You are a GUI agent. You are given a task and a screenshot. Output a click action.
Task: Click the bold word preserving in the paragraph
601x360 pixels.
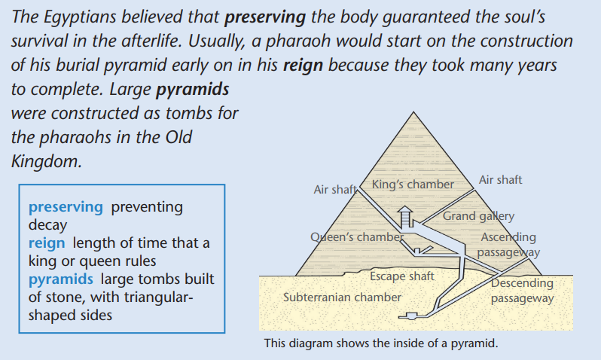(x=265, y=17)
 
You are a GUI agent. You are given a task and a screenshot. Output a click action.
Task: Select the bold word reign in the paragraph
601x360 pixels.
(x=303, y=66)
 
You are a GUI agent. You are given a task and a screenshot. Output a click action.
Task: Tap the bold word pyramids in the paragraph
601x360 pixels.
(x=192, y=90)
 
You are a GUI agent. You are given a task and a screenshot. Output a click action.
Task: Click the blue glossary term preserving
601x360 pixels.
(x=66, y=207)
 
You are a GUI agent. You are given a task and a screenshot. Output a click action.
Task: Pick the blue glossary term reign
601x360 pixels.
(x=47, y=243)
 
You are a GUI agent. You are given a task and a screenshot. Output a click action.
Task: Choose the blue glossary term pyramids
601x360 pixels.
(x=60, y=279)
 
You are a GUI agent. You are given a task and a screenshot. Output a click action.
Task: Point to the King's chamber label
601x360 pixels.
(x=413, y=185)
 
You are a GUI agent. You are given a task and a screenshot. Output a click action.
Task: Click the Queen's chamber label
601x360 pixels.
(x=357, y=237)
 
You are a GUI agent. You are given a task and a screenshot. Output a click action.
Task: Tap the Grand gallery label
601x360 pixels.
(x=478, y=216)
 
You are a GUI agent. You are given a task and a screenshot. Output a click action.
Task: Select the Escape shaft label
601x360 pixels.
(x=401, y=276)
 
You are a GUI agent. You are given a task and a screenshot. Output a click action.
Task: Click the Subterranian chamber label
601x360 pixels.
(x=342, y=297)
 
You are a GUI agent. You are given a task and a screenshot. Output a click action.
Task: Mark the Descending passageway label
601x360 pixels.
(x=523, y=291)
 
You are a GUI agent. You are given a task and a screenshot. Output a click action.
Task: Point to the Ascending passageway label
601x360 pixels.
(x=508, y=245)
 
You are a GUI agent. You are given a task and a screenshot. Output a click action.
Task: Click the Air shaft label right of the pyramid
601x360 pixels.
(x=500, y=180)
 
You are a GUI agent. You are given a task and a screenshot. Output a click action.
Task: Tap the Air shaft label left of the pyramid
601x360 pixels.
(x=335, y=189)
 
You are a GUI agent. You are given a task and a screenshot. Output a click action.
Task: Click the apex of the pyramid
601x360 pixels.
(x=413, y=112)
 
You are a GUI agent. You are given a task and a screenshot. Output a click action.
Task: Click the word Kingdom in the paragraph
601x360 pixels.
(x=46, y=162)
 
